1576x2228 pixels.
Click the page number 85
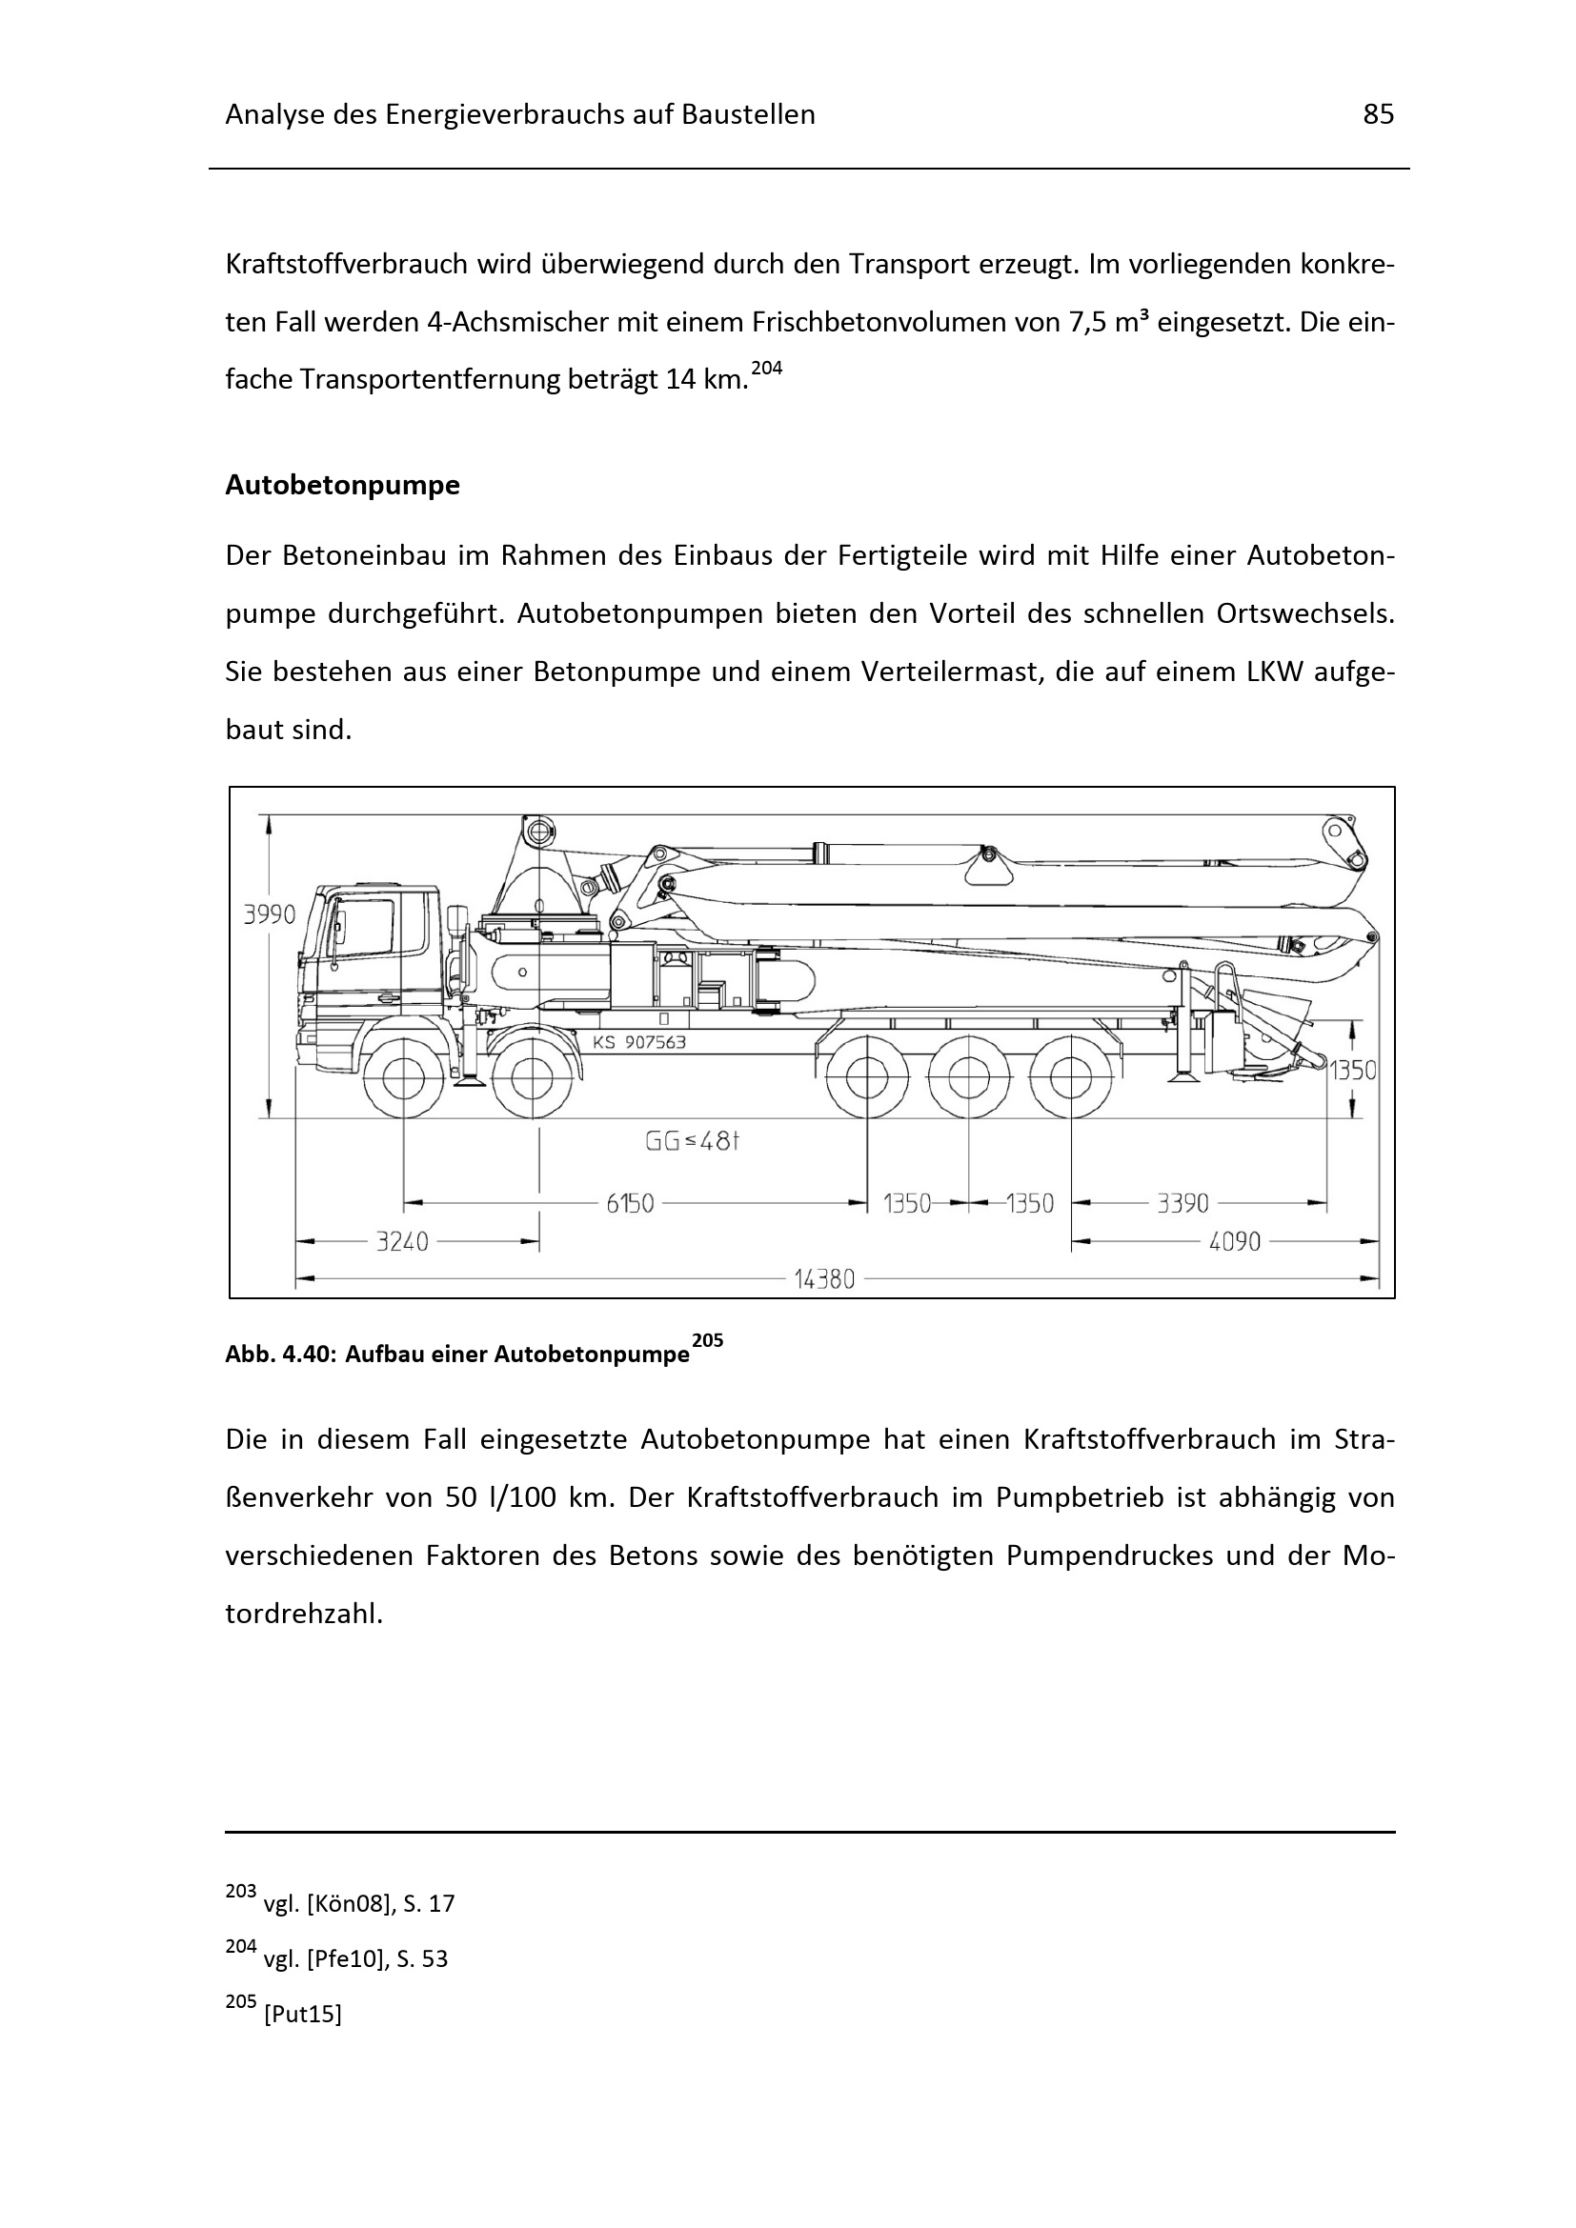[x=1378, y=115]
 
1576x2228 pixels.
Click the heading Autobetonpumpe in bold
[x=343, y=485]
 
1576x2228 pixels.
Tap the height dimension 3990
[x=269, y=915]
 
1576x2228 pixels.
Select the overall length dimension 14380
[x=824, y=1279]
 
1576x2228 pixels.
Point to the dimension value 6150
[x=630, y=1204]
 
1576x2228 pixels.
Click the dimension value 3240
[x=403, y=1241]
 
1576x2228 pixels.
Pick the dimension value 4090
[x=1234, y=1241]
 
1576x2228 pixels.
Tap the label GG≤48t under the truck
[x=693, y=1141]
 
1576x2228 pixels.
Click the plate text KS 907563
[x=638, y=1042]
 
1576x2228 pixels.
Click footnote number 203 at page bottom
[x=241, y=1892]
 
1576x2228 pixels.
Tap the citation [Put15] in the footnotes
[x=303, y=2016]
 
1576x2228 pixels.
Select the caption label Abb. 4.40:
[x=280, y=1355]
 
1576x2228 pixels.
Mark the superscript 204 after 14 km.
[x=767, y=369]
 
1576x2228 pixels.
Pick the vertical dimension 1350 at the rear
[x=1352, y=1071]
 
